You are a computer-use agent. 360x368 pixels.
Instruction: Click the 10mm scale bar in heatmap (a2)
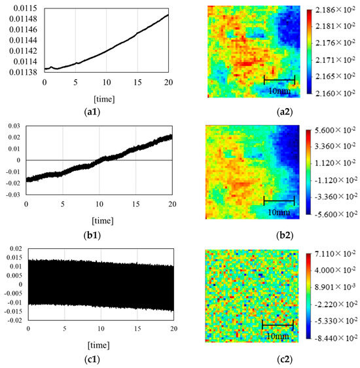coord(279,80)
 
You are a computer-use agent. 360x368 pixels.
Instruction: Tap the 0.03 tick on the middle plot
coord(15,125)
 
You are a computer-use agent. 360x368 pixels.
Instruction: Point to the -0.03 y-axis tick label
coord(13,194)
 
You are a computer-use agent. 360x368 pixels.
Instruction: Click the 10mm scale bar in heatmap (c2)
coord(278,324)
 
